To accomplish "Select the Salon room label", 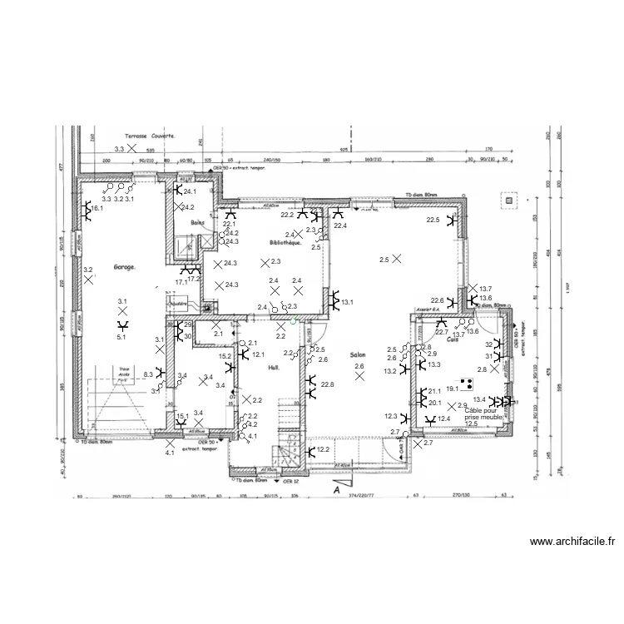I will [x=358, y=353].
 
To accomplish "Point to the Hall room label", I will [x=272, y=367].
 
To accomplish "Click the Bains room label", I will [x=197, y=223].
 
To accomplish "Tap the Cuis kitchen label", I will [x=453, y=339].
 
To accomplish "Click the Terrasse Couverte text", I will [x=151, y=134].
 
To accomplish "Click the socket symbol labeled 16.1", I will [x=86, y=210].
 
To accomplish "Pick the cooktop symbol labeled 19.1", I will [x=467, y=384].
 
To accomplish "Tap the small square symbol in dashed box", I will [x=507, y=200].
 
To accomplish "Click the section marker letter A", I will [x=337, y=491].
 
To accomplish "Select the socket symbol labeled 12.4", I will [x=430, y=419].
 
